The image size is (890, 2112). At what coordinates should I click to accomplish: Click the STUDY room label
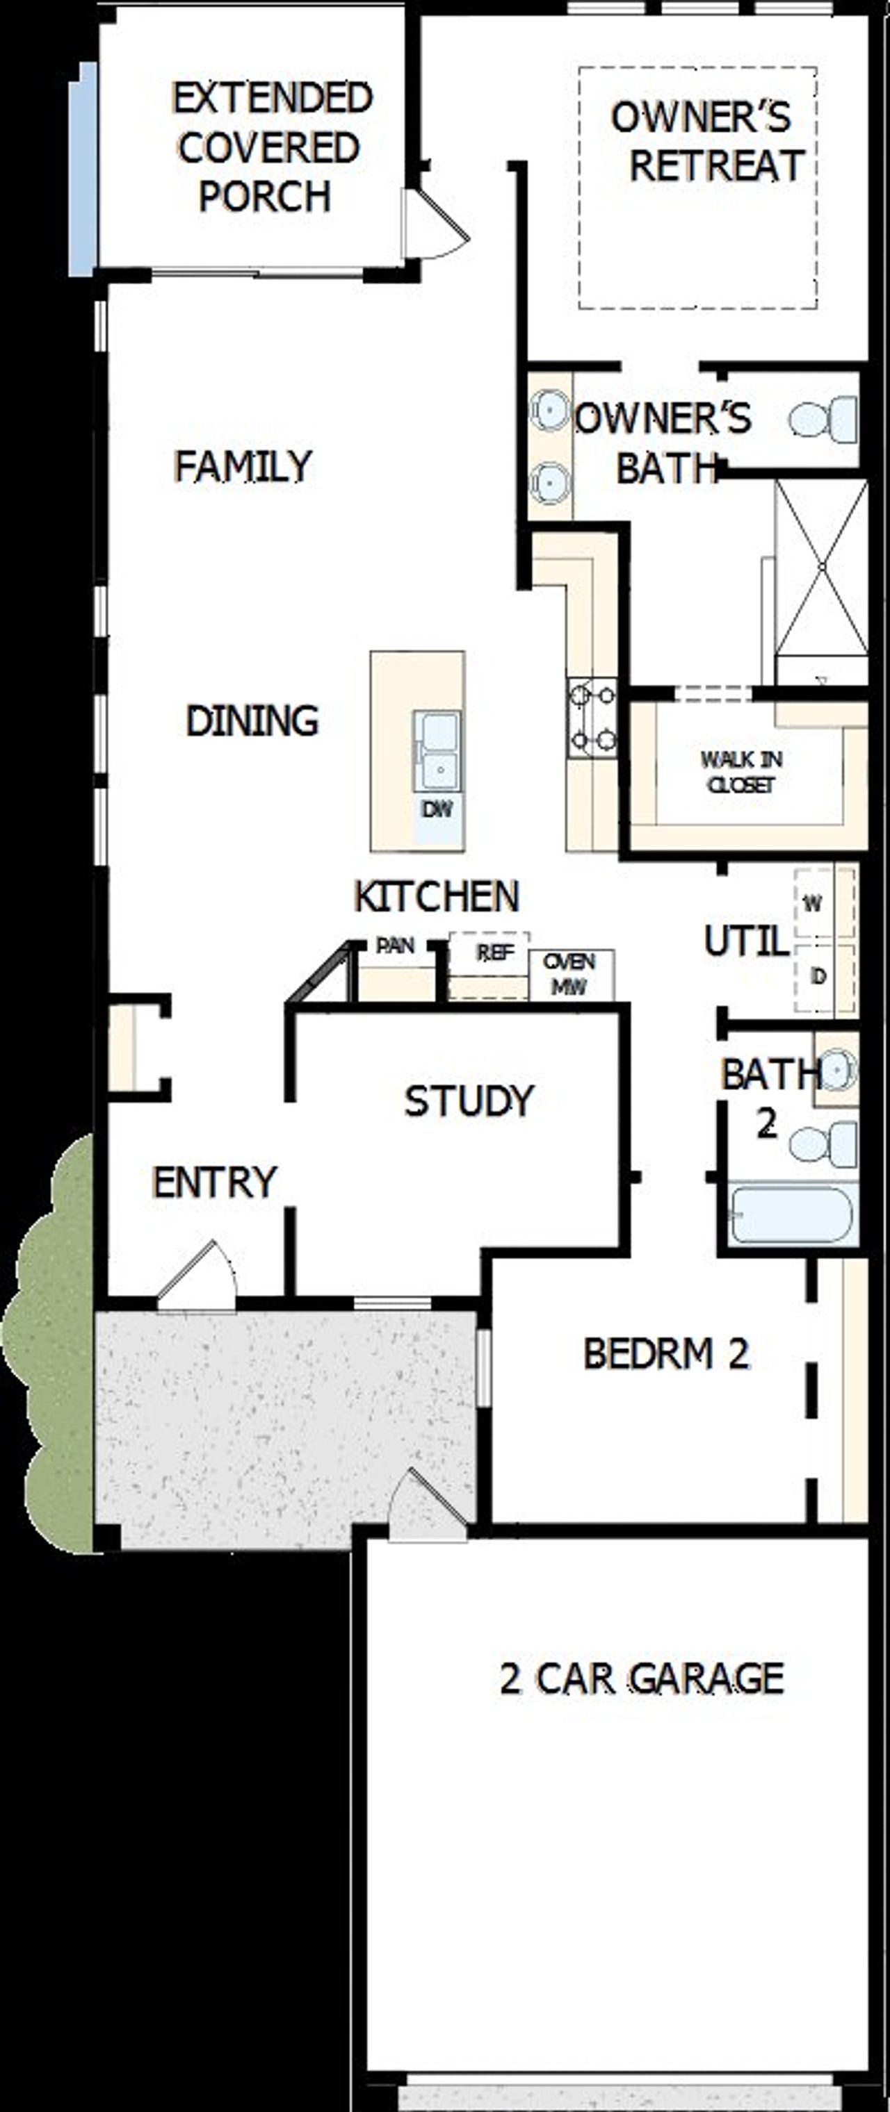point(469,1101)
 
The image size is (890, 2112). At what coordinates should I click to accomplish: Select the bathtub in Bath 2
point(791,1215)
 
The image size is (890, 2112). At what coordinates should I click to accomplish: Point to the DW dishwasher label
point(437,809)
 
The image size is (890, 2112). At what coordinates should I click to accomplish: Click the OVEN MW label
point(569,974)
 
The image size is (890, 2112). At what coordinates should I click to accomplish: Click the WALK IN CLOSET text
point(741,771)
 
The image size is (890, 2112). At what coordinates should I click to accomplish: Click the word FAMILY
point(243,466)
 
